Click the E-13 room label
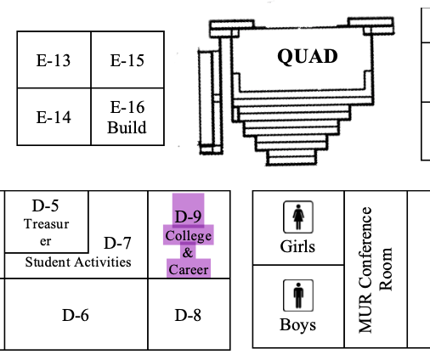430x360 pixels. coord(54,60)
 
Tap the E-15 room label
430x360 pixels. coord(127,60)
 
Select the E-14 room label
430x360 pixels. coord(54,117)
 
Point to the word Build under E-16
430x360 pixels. coord(127,127)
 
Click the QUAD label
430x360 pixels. coord(308,56)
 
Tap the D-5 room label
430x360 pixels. coord(46,205)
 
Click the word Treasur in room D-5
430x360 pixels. coord(47,224)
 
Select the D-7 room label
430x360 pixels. coord(117,243)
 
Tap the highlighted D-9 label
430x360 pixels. coord(188,217)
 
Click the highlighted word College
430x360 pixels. coord(189,236)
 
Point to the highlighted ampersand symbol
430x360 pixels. coord(188,252)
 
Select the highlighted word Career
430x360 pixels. coord(189,269)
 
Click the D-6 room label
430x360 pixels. coord(76,315)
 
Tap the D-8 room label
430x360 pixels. coord(188,315)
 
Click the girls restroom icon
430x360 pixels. coord(298,217)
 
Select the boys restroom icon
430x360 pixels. coord(298,295)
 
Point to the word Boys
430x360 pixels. coord(297,325)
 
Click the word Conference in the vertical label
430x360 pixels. coord(365,249)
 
